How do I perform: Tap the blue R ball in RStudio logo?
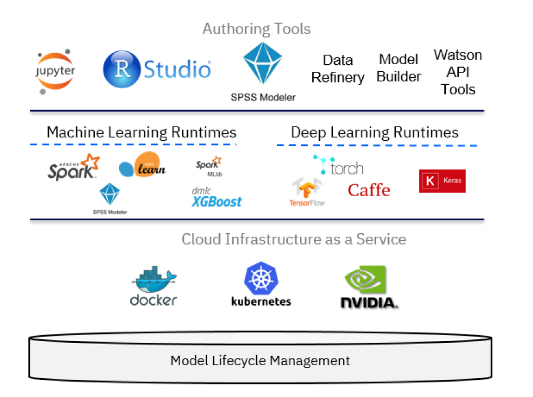tap(121, 70)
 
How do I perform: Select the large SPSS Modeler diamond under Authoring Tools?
tap(263, 63)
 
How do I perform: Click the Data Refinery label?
tap(337, 69)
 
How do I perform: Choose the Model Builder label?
tap(399, 68)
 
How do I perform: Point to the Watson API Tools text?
tap(458, 72)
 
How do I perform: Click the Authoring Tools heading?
tap(256, 29)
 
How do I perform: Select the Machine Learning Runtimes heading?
tap(141, 132)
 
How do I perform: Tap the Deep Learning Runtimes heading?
tap(375, 132)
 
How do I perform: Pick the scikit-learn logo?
tap(142, 166)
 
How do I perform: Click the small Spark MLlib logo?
tap(209, 166)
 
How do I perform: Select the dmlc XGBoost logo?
tap(216, 198)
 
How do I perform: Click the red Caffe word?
tap(369, 190)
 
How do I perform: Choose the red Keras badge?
tap(442, 181)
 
